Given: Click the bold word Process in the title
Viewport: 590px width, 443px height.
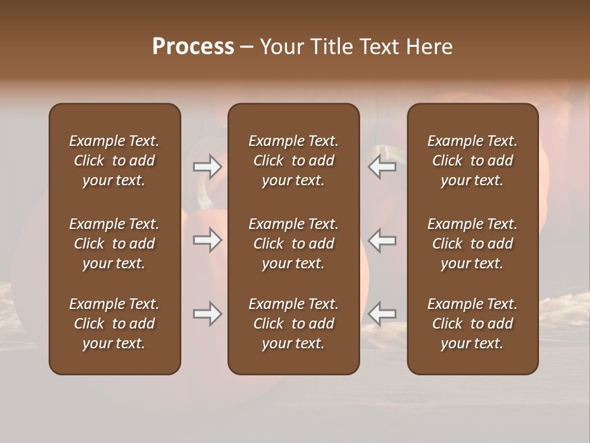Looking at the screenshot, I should (193, 47).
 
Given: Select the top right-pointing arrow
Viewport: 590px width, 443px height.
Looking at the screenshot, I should (208, 167).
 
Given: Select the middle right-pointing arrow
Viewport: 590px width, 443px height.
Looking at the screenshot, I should (208, 240).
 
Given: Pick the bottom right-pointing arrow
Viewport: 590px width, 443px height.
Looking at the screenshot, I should (208, 314).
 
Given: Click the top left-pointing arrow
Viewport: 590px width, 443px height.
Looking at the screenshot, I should (382, 167).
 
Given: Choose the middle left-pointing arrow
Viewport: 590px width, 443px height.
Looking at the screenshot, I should (382, 240).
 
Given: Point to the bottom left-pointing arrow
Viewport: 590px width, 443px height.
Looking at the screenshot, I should (382, 314).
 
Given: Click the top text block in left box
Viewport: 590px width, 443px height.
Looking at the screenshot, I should (114, 161).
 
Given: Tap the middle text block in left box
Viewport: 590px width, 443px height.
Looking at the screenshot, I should (114, 244).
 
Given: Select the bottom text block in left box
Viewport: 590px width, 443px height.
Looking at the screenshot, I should (114, 324).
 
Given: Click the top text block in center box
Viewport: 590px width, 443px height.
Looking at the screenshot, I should (294, 161).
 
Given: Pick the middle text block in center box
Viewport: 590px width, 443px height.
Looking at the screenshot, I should (294, 244).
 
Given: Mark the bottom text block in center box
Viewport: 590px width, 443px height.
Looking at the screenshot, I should (294, 324).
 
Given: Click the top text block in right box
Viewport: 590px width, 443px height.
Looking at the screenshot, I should (473, 161).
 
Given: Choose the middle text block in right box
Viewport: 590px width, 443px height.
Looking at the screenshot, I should (473, 244).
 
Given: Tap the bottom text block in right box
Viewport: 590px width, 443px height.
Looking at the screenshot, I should (473, 324).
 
